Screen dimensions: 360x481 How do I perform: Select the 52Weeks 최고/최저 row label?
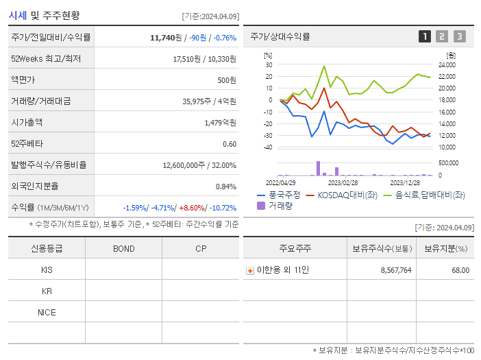click(46, 59)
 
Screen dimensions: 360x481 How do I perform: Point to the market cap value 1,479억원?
click(221, 123)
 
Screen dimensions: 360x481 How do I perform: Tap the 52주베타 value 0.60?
click(230, 144)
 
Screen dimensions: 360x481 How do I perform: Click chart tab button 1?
click(425, 37)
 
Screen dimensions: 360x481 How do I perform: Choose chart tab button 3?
click(459, 37)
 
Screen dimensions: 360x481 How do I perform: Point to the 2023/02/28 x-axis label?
click(343, 182)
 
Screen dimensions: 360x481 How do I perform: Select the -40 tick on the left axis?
click(269, 147)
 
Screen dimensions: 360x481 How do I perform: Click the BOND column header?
click(123, 249)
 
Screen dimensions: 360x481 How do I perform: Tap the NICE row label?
click(47, 313)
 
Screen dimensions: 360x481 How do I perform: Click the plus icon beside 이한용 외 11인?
click(250, 270)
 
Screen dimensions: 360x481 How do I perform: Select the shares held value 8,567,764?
click(395, 270)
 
